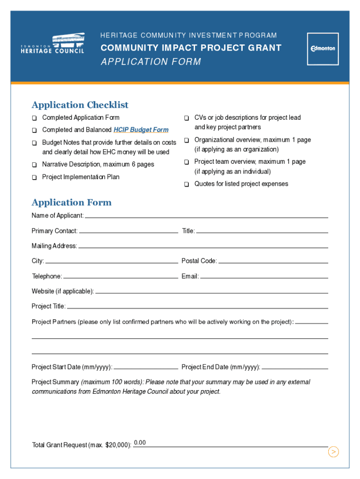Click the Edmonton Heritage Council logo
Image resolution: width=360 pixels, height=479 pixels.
[x=53, y=44]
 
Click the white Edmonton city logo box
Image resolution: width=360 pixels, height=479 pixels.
[x=323, y=49]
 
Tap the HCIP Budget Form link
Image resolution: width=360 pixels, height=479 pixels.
[x=141, y=130]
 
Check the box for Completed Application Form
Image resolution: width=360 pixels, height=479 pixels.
[x=35, y=118]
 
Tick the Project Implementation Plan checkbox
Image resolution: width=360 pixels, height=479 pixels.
[x=35, y=177]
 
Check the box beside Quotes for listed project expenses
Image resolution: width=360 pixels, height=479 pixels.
[x=186, y=184]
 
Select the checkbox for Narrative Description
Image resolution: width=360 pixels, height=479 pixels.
[x=35, y=165]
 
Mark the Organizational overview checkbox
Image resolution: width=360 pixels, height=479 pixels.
[x=186, y=140]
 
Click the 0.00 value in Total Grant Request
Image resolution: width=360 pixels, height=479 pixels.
[x=140, y=443]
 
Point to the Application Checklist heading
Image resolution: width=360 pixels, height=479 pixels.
[x=80, y=105]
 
